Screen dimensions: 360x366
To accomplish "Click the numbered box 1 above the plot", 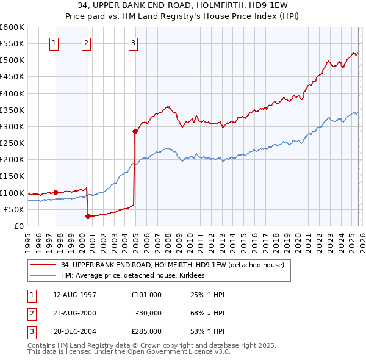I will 55,43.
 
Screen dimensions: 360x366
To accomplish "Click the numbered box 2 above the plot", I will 87,43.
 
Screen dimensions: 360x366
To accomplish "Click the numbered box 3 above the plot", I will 133,43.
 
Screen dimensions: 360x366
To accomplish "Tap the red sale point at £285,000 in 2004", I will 135,131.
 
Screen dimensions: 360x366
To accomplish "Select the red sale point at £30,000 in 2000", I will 88,215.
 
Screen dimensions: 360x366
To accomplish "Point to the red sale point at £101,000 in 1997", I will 56,192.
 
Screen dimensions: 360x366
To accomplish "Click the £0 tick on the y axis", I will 20,226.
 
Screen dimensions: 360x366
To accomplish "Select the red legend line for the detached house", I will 44,265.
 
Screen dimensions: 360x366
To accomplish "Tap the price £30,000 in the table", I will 148,312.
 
